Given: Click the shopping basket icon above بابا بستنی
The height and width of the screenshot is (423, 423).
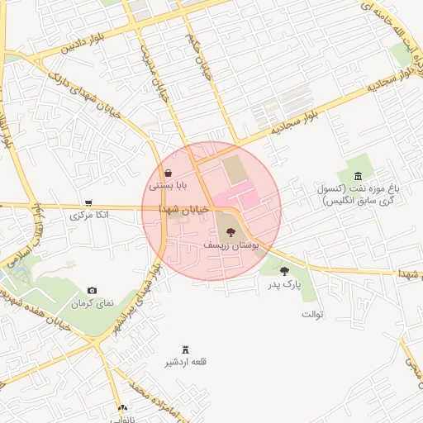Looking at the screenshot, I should pyautogui.click(x=169, y=173).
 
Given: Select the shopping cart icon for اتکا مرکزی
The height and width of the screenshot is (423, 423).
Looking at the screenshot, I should pyautogui.click(x=88, y=202).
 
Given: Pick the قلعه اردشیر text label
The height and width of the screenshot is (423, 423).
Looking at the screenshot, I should pyautogui.click(x=186, y=362).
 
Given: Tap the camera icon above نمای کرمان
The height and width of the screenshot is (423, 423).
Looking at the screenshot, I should pyautogui.click(x=92, y=290).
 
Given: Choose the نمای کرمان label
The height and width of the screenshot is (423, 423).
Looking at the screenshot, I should pyautogui.click(x=91, y=304).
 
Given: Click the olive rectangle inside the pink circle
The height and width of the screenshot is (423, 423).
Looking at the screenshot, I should pyautogui.click(x=235, y=171).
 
